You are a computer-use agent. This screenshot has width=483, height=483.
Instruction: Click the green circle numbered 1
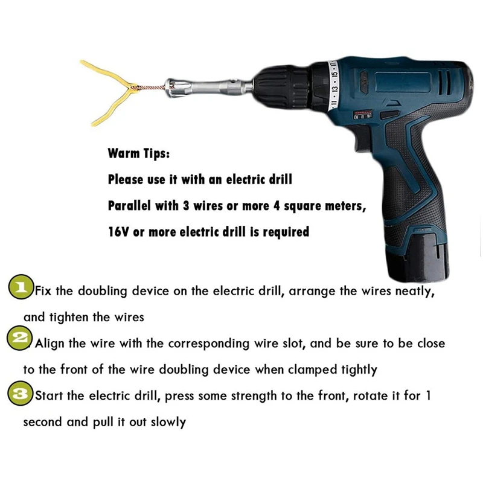[x=21, y=287]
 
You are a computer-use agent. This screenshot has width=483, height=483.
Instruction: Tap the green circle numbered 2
[x=20, y=338]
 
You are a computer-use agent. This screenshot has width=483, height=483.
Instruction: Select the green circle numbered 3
[x=20, y=393]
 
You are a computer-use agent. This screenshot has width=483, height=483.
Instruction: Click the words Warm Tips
[x=138, y=153]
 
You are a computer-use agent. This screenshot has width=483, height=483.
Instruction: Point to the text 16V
[x=118, y=232]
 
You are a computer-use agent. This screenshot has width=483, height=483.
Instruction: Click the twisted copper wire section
[x=151, y=87]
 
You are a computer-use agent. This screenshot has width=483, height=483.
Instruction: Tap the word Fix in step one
[x=42, y=291]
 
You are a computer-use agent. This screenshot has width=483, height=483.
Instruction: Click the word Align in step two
[x=50, y=344]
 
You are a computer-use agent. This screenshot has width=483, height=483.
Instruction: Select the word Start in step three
[x=49, y=396]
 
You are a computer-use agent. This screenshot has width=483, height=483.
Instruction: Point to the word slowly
[x=168, y=422]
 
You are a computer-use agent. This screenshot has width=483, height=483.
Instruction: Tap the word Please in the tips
[x=126, y=179]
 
